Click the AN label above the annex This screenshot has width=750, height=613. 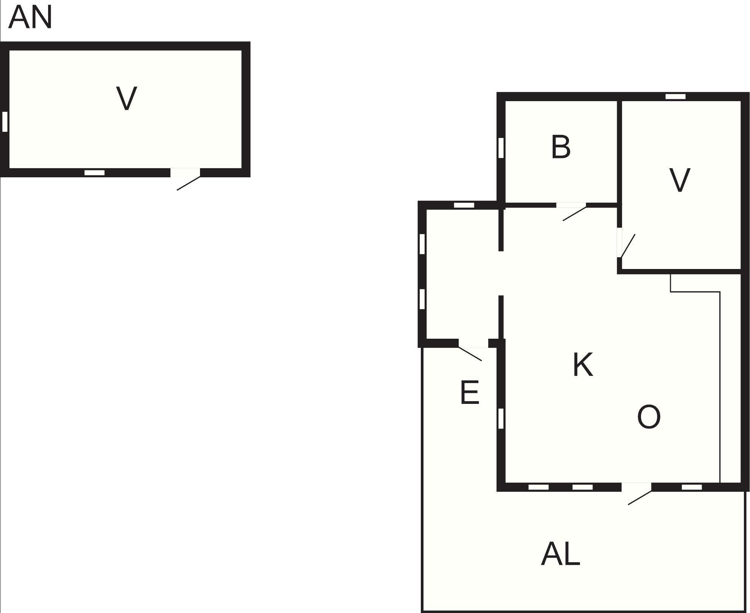(x=30, y=17)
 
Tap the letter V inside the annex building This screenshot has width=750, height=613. (x=127, y=98)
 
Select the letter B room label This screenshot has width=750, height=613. (x=561, y=147)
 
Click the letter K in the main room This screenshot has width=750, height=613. (x=583, y=364)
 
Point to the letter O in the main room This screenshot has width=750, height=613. (x=649, y=417)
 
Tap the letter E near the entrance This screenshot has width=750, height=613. (x=470, y=392)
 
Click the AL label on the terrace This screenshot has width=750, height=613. (x=561, y=554)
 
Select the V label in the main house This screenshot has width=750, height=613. (x=680, y=180)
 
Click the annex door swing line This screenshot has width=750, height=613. (x=188, y=183)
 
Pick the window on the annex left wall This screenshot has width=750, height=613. (x=5, y=122)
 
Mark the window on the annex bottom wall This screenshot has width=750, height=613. (x=94, y=173)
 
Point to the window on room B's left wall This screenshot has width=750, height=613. (x=501, y=148)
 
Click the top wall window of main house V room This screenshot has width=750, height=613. (x=675, y=96)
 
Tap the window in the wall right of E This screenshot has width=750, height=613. (x=501, y=418)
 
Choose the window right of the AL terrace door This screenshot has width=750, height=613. (x=692, y=487)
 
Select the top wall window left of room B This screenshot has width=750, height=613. (x=464, y=205)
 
